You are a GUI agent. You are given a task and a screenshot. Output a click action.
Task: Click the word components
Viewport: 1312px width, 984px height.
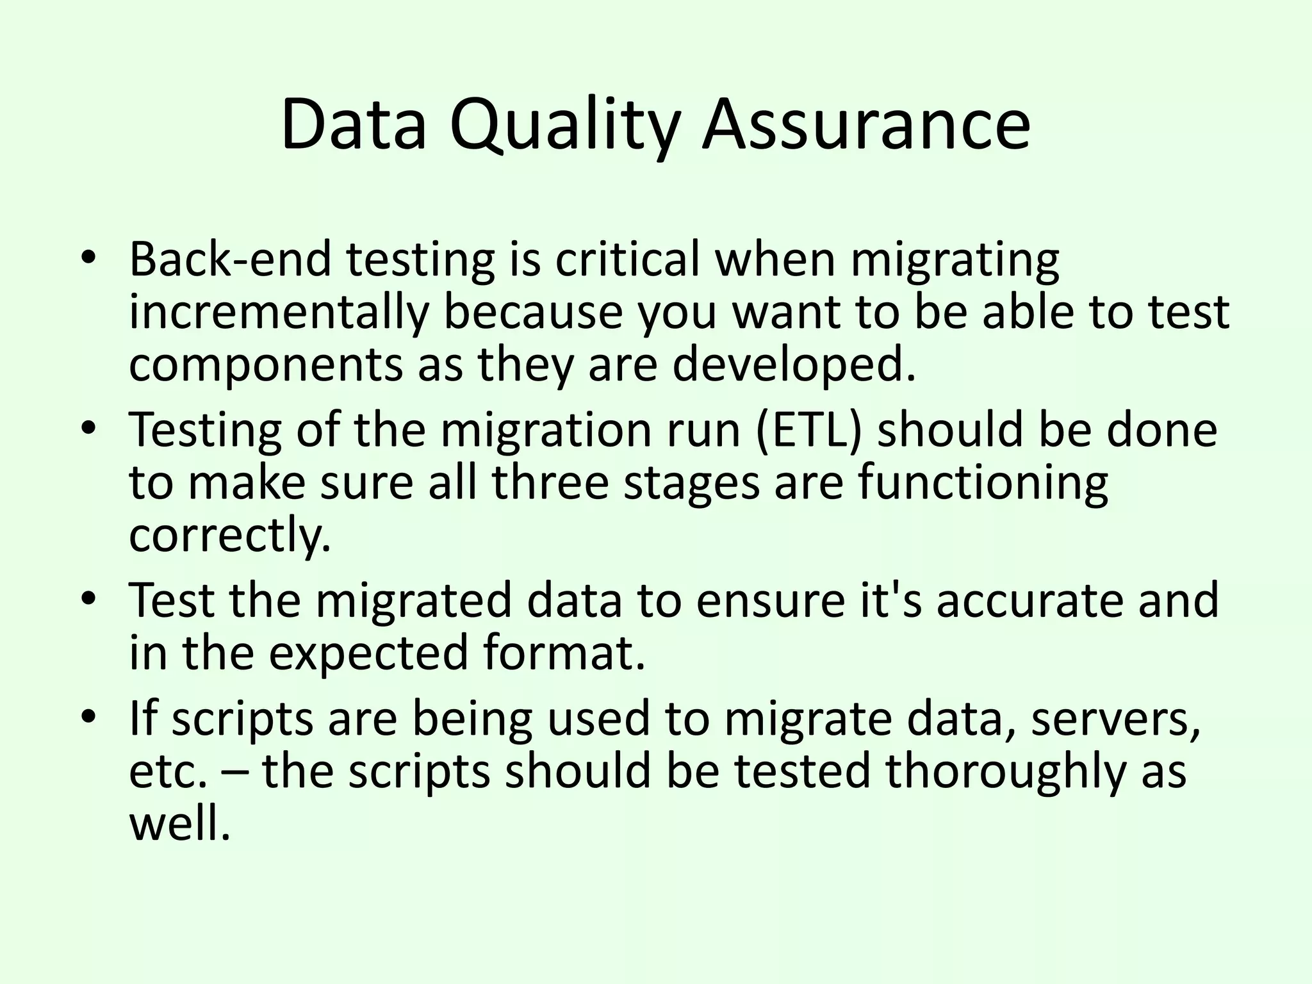click(265, 365)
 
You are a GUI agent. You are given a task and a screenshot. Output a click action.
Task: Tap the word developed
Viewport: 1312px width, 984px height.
click(793, 365)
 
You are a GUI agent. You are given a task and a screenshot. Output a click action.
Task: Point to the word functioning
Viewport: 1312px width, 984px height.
click(983, 482)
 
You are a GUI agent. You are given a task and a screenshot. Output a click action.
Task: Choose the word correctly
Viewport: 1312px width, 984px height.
click(230, 536)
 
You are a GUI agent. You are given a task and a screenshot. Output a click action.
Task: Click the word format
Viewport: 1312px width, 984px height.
click(564, 653)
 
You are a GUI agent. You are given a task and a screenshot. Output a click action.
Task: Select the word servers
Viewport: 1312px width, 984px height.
click(1115, 718)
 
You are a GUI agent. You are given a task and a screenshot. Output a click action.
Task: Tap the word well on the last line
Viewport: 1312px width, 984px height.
click(179, 824)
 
